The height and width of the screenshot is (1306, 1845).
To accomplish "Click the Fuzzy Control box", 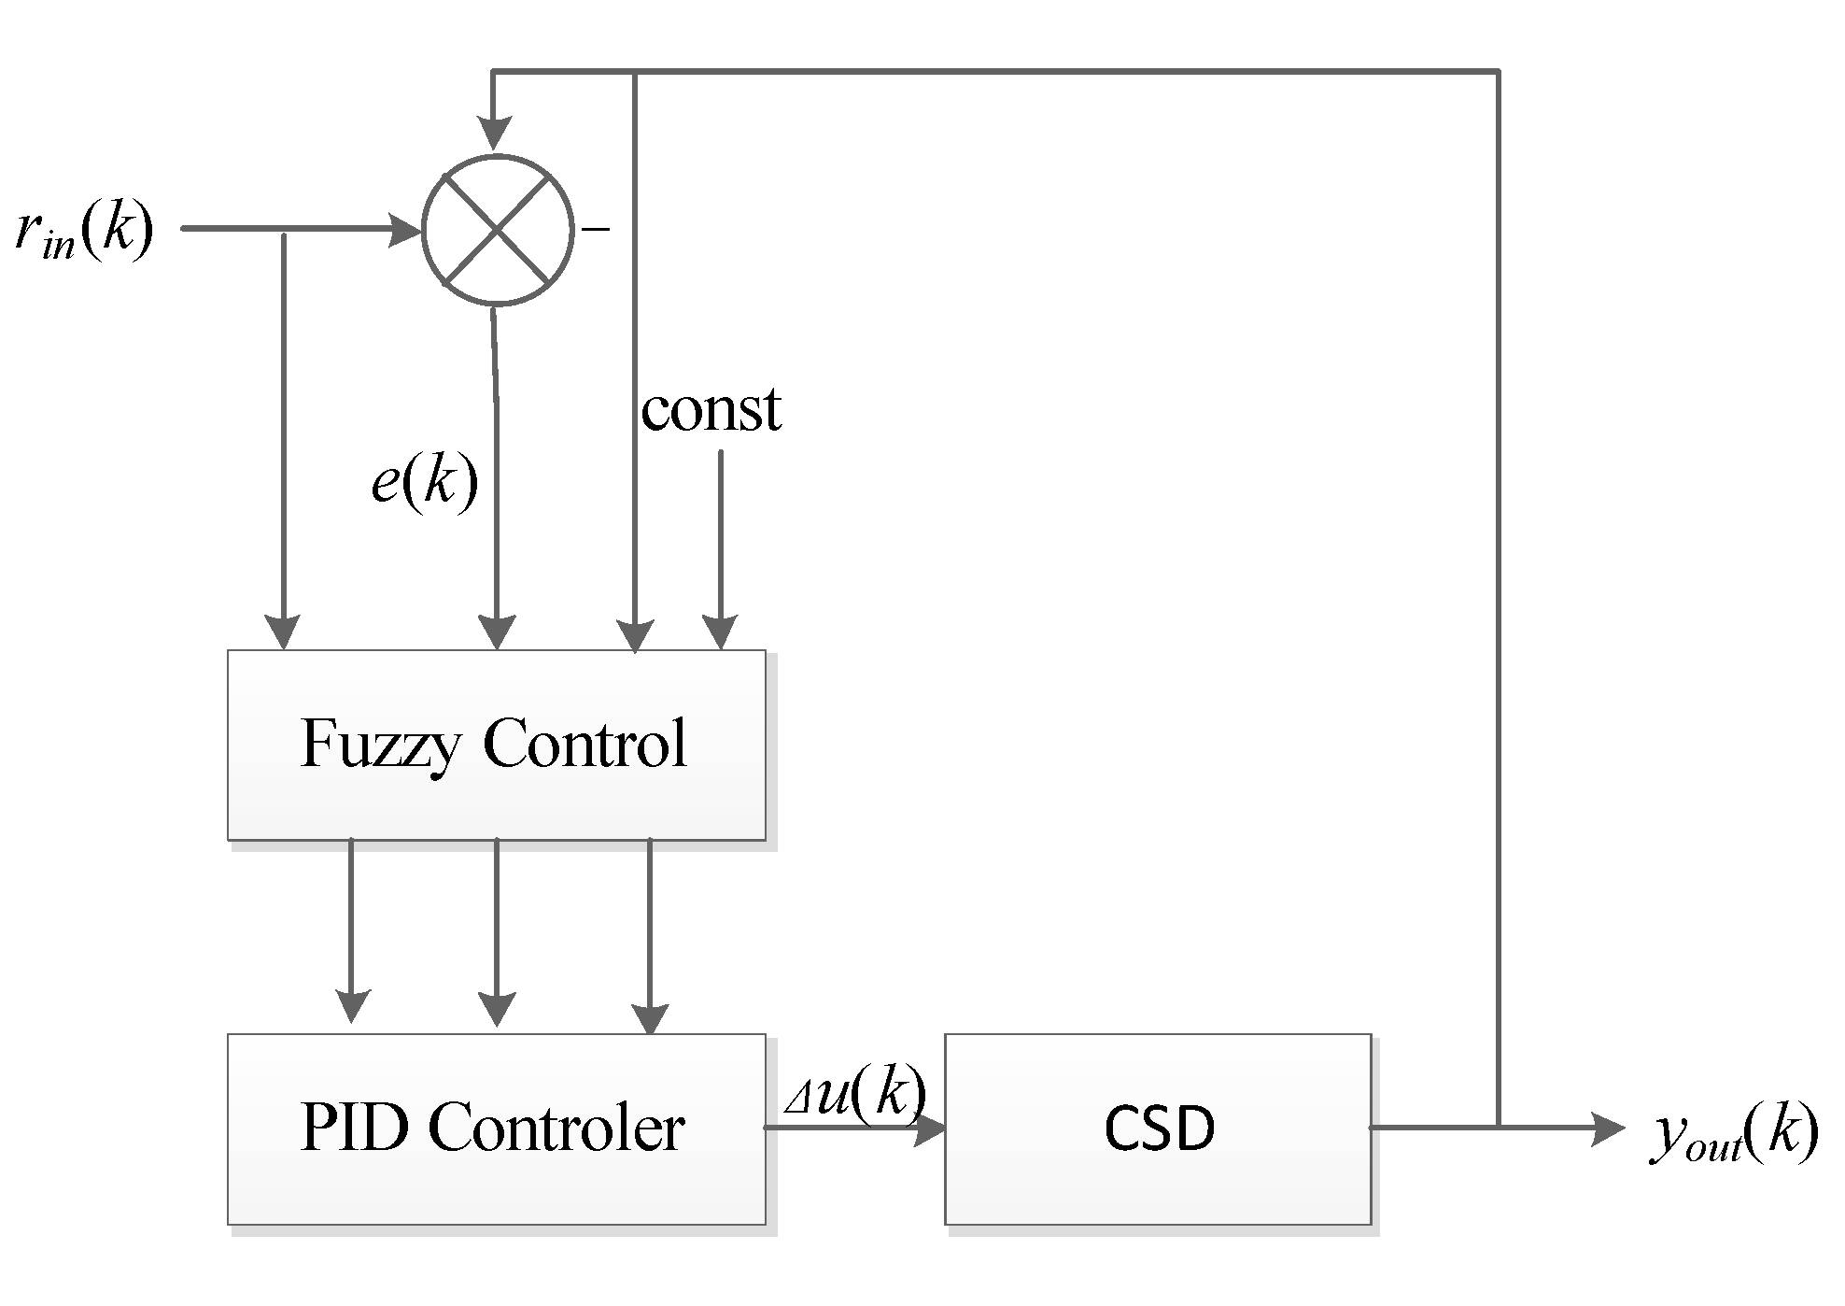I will (x=496, y=745).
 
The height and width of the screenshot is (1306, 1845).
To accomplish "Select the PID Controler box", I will (x=496, y=1129).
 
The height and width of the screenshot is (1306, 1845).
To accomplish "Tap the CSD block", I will (x=1158, y=1129).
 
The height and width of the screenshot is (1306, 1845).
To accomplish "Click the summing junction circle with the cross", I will (x=497, y=229).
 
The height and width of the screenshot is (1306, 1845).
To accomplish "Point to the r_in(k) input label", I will (x=84, y=231).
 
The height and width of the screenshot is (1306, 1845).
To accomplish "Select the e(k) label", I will (x=425, y=483).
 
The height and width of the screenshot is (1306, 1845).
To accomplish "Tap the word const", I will (x=711, y=409).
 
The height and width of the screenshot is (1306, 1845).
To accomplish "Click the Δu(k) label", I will (x=855, y=1093).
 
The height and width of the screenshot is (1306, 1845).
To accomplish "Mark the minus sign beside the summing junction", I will (x=596, y=228).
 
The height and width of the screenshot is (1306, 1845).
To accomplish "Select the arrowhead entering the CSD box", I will (x=929, y=1129).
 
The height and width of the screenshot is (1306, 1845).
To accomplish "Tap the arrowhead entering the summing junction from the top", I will (x=495, y=134).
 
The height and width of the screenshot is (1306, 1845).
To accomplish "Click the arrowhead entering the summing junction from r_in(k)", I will (x=405, y=229).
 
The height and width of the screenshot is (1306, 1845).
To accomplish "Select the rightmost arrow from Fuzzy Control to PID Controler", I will (x=650, y=934).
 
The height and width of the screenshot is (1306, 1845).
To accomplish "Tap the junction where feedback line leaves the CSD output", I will (x=1499, y=1128).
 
